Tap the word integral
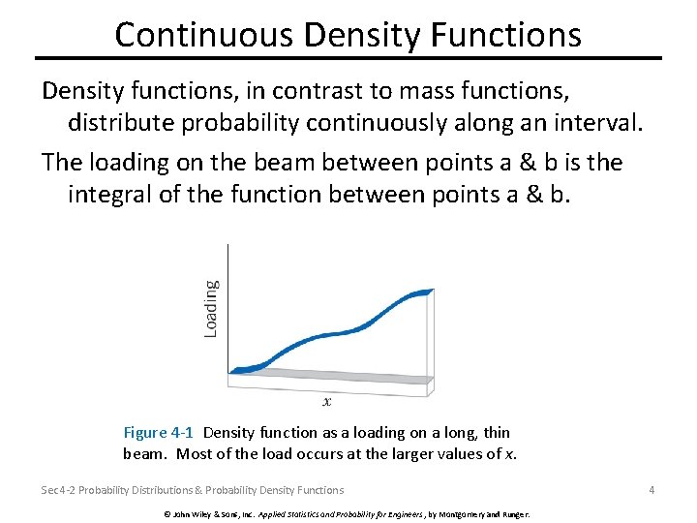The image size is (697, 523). coord(112,194)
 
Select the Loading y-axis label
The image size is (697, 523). coord(211,308)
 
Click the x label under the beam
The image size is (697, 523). coord(327,401)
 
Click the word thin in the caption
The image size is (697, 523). coord(495,433)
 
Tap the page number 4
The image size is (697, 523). coord(652,490)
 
